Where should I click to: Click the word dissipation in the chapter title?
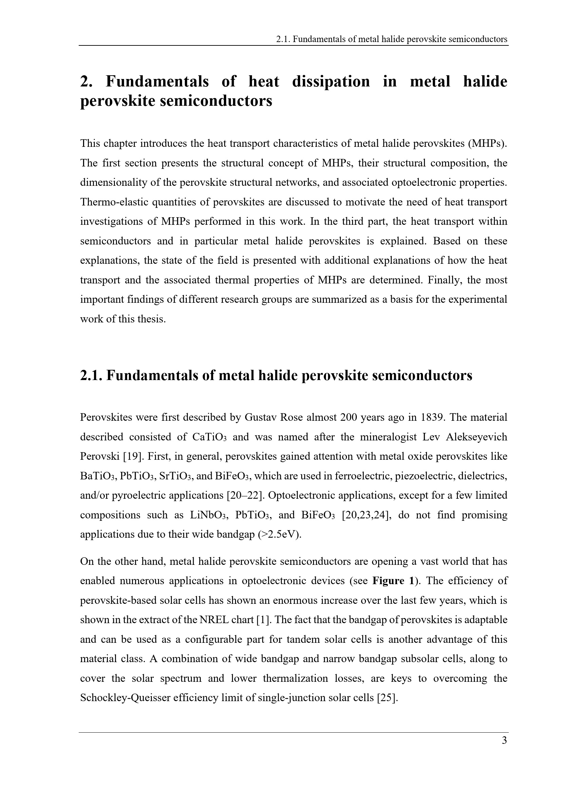tap(331, 81)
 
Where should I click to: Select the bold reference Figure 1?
tap(393, 581)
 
